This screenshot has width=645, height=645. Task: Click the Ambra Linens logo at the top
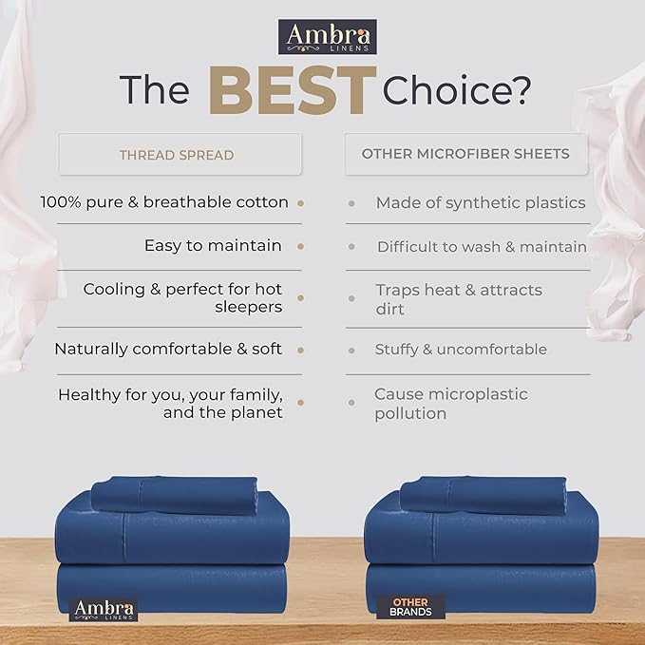(327, 36)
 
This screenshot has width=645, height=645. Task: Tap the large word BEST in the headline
(287, 91)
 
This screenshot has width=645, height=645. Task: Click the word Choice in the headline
(456, 90)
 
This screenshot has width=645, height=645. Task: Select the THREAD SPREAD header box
(177, 154)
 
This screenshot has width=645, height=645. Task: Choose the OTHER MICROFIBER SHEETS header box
(465, 154)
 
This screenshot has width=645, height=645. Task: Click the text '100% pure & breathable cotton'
(164, 202)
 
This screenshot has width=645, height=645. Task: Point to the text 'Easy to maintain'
(213, 245)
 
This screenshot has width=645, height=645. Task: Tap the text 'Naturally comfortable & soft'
(168, 349)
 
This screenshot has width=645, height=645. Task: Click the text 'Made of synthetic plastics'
(481, 202)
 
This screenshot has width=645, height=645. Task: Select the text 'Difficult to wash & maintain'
(482, 246)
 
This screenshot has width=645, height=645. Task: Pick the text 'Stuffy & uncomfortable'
(461, 350)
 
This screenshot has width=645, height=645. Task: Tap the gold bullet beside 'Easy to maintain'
(300, 246)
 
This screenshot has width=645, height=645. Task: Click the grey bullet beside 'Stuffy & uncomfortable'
(351, 350)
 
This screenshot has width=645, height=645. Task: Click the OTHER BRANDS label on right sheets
(410, 607)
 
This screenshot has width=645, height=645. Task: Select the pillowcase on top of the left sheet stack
(174, 494)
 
